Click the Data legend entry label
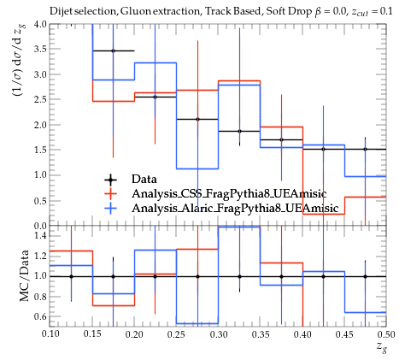pyautogui.click(x=144, y=180)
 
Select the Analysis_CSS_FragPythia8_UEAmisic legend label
pyautogui.click(x=229, y=194)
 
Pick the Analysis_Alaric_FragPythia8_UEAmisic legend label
pyautogui.click(x=235, y=209)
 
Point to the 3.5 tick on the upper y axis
pyautogui.click(x=40, y=49)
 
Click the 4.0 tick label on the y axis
pyautogui.click(x=40, y=24)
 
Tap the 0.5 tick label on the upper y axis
pyautogui.click(x=40, y=201)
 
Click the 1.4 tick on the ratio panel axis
pyautogui.click(x=40, y=236)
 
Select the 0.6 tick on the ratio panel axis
pyautogui.click(x=40, y=316)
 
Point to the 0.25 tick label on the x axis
pyautogui.click(x=176, y=334)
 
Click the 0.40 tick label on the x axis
pyautogui.click(x=302, y=334)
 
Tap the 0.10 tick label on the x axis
pyautogui.click(x=50, y=334)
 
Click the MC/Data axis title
pyautogui.click(x=25, y=275)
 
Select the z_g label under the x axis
pyautogui.click(x=382, y=347)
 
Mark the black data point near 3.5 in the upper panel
pyautogui.click(x=113, y=51)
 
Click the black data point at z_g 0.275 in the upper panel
pyautogui.click(x=197, y=119)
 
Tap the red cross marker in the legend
pyautogui.click(x=110, y=194)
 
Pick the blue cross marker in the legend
pyautogui.click(x=110, y=209)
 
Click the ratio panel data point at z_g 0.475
pyautogui.click(x=365, y=276)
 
